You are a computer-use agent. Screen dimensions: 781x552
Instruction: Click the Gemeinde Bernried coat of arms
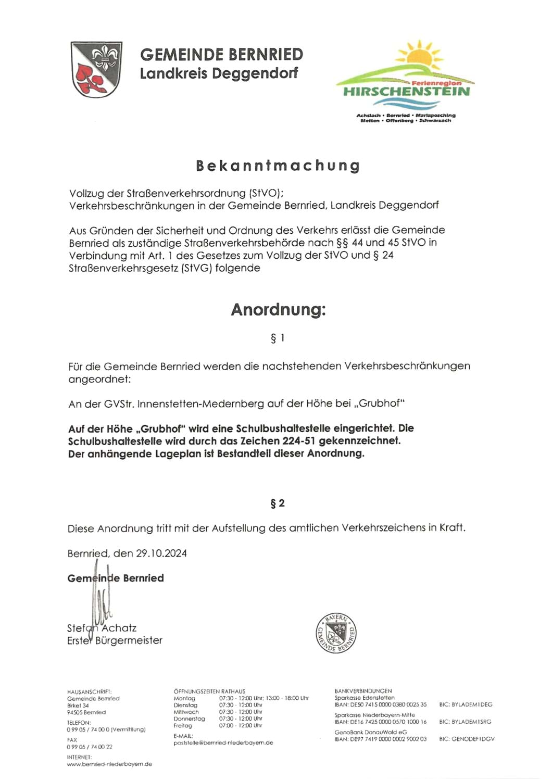(x=96, y=69)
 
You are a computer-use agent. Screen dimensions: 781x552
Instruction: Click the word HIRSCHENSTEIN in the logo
(x=406, y=92)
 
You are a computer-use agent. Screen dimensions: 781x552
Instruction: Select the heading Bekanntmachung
(x=278, y=166)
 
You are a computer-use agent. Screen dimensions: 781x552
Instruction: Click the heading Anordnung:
(x=278, y=309)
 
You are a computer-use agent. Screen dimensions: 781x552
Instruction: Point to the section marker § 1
(x=278, y=338)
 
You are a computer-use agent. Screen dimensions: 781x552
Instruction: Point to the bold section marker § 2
(x=278, y=503)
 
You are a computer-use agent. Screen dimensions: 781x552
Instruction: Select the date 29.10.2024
(x=161, y=553)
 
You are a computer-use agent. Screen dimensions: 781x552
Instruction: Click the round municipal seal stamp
(x=336, y=633)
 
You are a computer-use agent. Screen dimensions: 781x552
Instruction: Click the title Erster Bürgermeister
(x=115, y=640)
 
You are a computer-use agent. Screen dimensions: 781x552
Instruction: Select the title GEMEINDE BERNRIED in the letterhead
(x=221, y=54)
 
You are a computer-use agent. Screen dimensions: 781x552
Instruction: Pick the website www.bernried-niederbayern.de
(x=109, y=764)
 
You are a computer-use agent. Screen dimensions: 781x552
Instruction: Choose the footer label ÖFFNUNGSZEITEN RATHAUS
(x=209, y=691)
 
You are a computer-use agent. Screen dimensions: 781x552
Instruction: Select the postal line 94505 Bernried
(x=86, y=712)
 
